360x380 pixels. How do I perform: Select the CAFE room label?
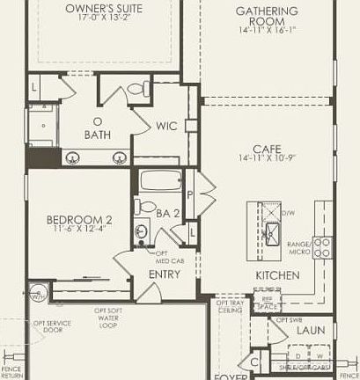[268, 149]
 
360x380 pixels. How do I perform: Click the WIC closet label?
[167, 127]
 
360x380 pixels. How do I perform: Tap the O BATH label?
[97, 128]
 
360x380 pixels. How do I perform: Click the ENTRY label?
[165, 274]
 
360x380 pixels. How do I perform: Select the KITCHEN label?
[277, 275]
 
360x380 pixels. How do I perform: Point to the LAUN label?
[310, 331]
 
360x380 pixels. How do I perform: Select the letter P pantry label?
[190, 196]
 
